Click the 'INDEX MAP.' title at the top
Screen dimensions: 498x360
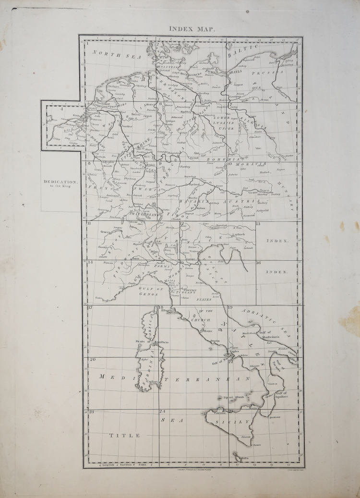tap(192, 28)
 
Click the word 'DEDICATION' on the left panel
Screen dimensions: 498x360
tap(60, 182)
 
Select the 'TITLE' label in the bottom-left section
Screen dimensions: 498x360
tap(124, 435)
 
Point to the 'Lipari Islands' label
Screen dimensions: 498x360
tap(234, 398)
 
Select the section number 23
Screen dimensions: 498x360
tap(91, 412)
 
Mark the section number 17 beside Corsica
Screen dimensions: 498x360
tap(90, 307)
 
